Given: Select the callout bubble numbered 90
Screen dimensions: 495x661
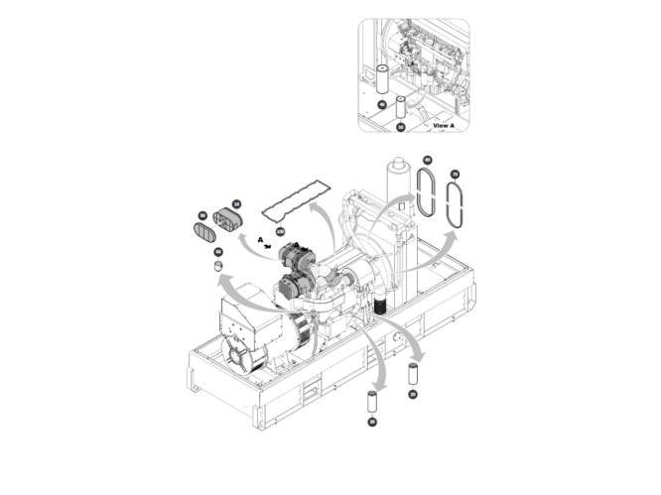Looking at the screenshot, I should [x=201, y=215].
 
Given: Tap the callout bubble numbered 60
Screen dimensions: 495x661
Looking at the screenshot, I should [x=218, y=252].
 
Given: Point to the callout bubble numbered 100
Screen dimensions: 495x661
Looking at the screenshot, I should [x=280, y=231].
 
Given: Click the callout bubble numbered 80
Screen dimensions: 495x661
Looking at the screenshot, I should [x=428, y=160].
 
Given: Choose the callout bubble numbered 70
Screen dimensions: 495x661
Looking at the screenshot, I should [x=455, y=175].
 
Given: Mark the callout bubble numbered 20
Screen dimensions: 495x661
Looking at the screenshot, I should [x=412, y=394].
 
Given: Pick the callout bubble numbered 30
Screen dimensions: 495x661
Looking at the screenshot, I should [x=372, y=422].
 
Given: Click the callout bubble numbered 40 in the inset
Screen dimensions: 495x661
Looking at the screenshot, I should [x=381, y=104].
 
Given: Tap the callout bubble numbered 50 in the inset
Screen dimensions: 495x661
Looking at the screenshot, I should [x=401, y=127].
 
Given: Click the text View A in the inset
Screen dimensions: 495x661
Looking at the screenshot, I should [x=444, y=126].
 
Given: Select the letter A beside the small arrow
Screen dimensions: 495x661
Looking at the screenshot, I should [x=259, y=239].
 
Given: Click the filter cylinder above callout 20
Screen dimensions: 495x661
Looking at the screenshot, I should [x=412, y=375].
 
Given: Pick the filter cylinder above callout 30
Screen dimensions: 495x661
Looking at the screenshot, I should [x=372, y=403].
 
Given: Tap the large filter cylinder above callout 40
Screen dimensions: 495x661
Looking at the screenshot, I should [x=381, y=78].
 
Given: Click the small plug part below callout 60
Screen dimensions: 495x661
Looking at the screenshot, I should [x=218, y=266].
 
